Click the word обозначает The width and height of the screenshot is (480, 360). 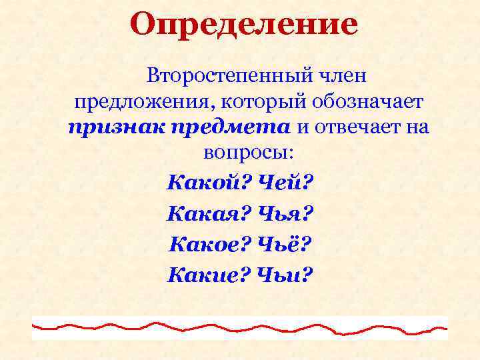(361, 103)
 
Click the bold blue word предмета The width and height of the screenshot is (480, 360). (227, 127)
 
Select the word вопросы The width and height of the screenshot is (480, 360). (247, 151)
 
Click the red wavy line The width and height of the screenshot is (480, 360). (240, 327)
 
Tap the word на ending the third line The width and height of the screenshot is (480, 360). (416, 127)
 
